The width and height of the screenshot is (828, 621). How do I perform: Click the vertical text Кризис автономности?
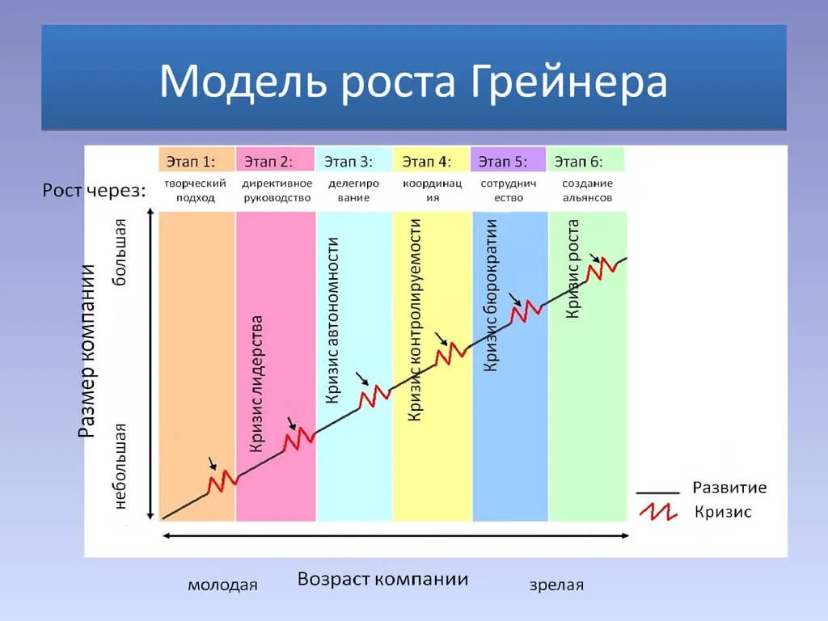click(x=332, y=320)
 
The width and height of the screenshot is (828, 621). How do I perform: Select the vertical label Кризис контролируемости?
click(x=415, y=319)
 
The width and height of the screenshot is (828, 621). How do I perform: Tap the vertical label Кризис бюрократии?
click(x=490, y=296)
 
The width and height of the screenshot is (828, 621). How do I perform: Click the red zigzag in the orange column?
click(x=222, y=482)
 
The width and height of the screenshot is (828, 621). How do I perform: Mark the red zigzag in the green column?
click(x=602, y=268)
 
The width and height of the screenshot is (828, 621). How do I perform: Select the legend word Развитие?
click(x=729, y=488)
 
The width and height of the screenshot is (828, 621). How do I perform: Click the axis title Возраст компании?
click(x=382, y=579)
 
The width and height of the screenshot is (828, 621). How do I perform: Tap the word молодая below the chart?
click(x=222, y=585)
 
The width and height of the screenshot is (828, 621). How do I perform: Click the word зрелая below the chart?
click(x=556, y=585)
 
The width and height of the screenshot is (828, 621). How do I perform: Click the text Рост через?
click(x=94, y=191)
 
